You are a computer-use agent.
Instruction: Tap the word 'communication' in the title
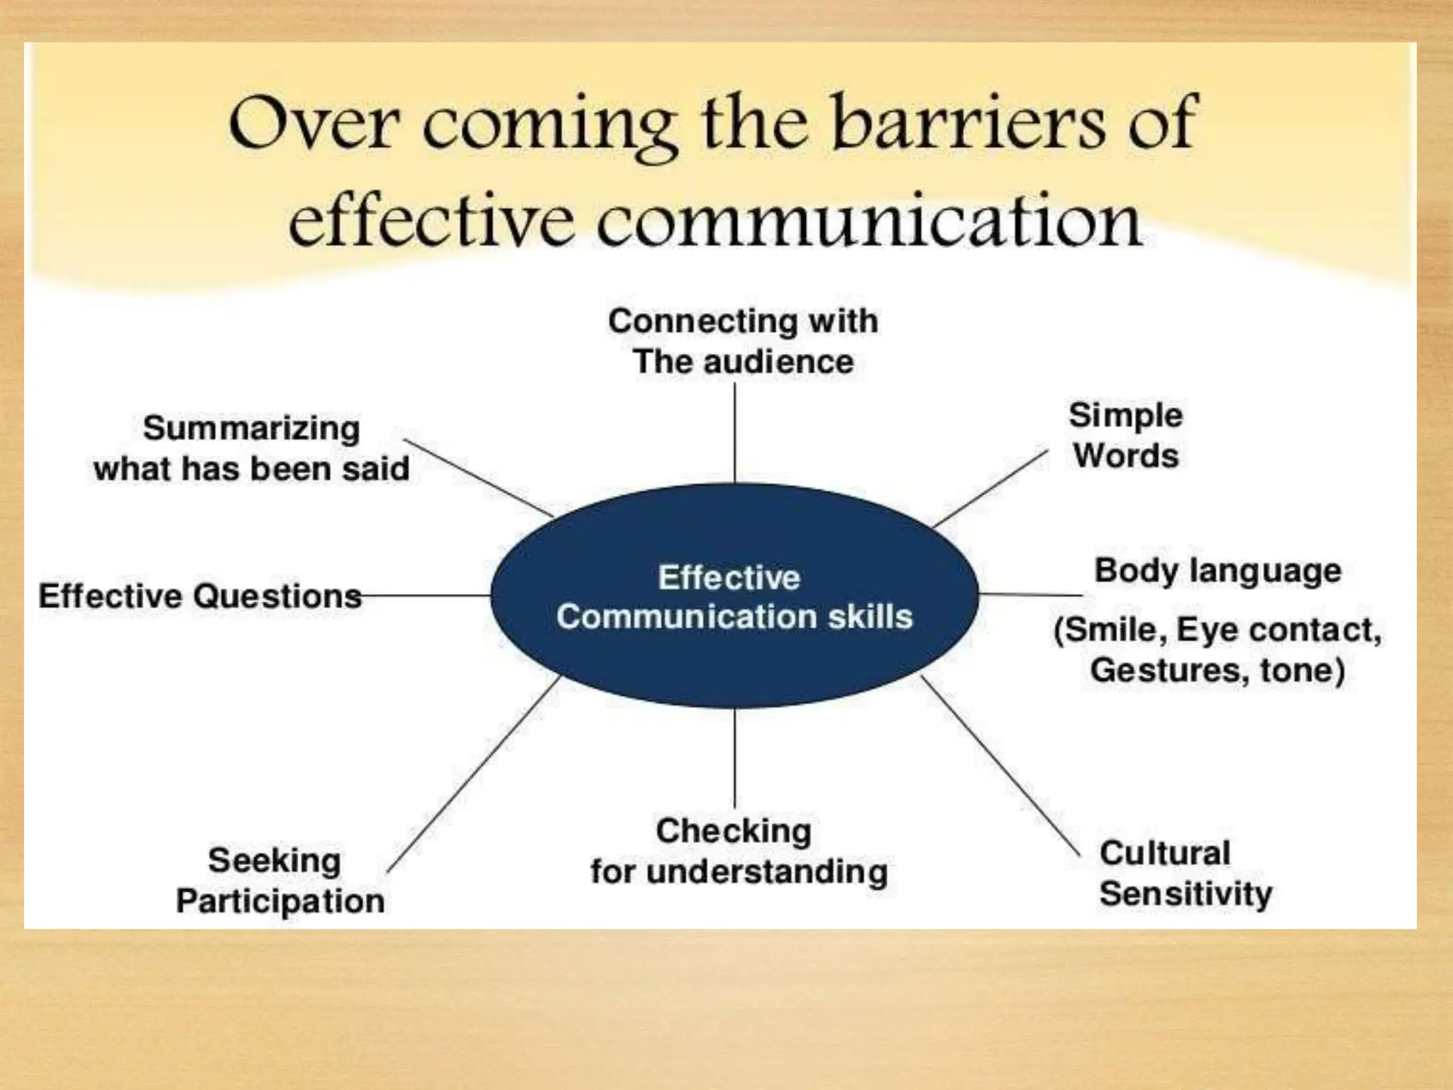click(868, 221)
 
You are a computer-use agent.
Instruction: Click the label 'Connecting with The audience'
click(743, 341)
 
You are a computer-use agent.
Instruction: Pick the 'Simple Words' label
click(1126, 435)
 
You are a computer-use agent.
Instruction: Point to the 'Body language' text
click(1217, 571)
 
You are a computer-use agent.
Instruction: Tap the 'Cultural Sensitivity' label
click(1185, 873)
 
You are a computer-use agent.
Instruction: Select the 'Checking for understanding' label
click(738, 851)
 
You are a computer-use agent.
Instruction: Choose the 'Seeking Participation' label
click(280, 880)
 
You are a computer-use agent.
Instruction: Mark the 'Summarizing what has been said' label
click(252, 448)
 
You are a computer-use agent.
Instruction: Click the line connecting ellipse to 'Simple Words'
click(990, 489)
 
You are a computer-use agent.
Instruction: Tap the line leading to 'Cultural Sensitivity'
click(1000, 766)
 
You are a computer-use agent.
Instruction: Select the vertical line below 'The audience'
click(734, 433)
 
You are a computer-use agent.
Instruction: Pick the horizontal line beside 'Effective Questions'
click(426, 595)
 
